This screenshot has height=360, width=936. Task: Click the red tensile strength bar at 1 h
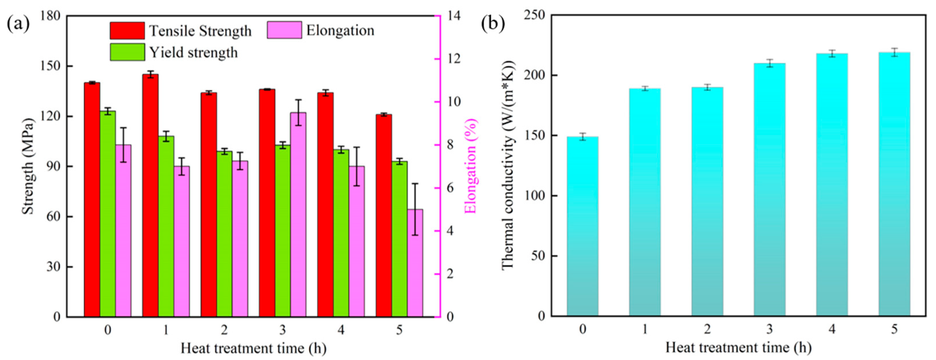[x=151, y=195]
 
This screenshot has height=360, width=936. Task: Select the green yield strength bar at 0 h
[x=108, y=214]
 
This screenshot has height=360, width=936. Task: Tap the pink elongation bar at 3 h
[x=298, y=215]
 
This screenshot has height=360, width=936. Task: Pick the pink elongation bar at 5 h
[x=415, y=263]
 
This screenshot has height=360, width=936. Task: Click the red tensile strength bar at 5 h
[x=384, y=216]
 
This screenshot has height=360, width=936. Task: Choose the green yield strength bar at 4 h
[x=341, y=233]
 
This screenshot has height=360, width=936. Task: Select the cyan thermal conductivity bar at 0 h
[x=583, y=226]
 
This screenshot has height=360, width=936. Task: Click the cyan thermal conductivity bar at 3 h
[x=770, y=190]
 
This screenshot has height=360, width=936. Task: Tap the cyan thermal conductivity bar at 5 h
[x=894, y=184]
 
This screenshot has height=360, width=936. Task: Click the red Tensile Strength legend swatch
[x=127, y=31]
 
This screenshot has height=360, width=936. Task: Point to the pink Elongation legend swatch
[x=284, y=30]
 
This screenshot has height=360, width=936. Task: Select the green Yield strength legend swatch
[x=127, y=52]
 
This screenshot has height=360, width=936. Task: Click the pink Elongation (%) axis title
[x=471, y=166]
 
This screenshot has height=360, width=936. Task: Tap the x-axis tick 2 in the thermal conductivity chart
[x=707, y=329]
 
